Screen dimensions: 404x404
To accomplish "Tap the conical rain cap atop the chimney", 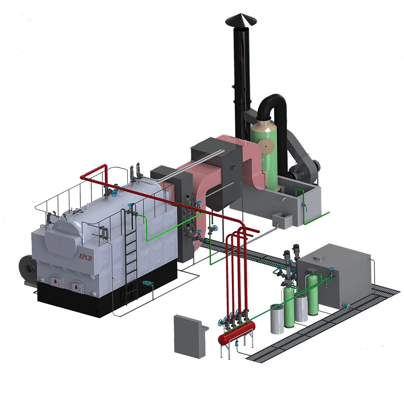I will click(240, 19).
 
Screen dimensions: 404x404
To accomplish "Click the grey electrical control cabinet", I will click(189, 334).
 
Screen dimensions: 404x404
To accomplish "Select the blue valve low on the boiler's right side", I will click(148, 284).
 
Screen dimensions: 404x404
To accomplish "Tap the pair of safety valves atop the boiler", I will click(135, 171).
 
